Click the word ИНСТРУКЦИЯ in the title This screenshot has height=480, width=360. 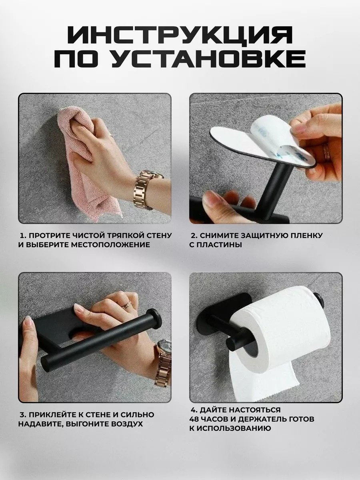point(180,36)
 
